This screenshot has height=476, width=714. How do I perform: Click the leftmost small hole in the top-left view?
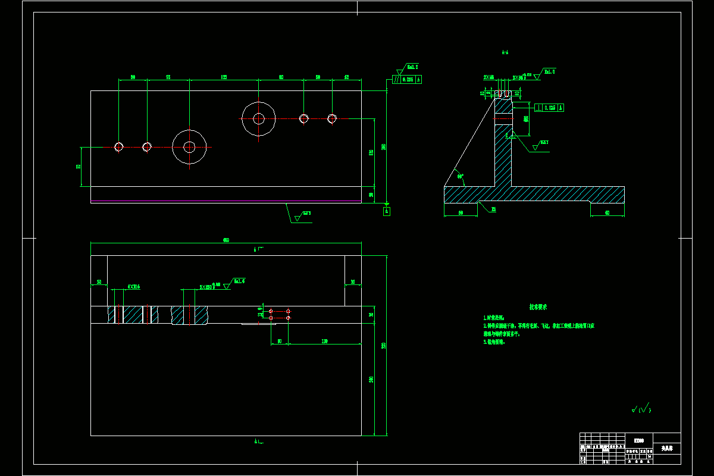[119, 146]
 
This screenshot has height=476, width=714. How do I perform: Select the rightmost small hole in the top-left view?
[332, 118]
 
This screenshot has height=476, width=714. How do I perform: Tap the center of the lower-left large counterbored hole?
[189, 146]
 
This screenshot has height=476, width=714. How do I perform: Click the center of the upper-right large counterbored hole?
[259, 118]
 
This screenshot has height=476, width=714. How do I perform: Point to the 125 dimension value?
[224, 77]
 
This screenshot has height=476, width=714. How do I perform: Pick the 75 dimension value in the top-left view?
[168, 77]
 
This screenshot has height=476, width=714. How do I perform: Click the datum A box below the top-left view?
[386, 211]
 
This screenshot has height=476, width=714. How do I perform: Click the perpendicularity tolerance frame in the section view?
[549, 108]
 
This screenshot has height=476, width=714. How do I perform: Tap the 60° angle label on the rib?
[459, 176]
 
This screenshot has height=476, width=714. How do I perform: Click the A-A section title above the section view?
[505, 53]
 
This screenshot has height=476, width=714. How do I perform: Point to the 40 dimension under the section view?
[607, 212]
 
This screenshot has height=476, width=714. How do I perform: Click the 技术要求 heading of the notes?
[538, 307]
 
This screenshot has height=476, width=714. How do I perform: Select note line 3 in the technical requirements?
[494, 342]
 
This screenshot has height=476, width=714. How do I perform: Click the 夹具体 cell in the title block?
[666, 447]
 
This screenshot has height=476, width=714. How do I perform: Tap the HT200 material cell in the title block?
[638, 440]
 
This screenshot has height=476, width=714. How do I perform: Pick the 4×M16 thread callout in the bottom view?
[134, 287]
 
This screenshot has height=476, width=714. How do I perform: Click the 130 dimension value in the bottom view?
[324, 342]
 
